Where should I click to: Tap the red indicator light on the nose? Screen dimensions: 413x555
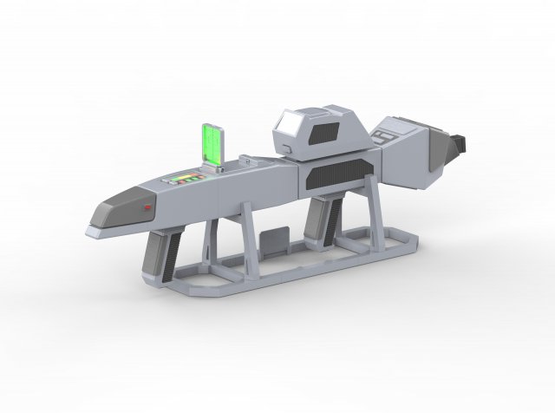(x=148, y=208)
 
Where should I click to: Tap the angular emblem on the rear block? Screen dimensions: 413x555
(x=385, y=136)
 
